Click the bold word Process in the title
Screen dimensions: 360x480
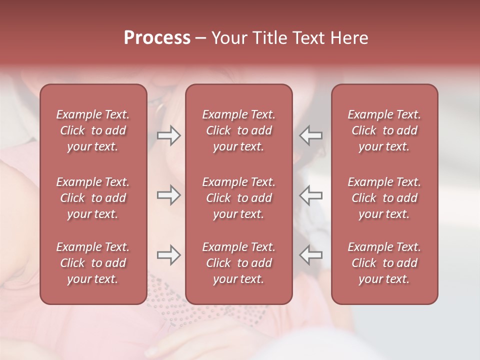coord(157,38)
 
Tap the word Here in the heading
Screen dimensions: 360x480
coord(349,38)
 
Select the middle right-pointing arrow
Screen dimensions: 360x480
coord(169,195)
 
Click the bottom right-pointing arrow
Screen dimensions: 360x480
coord(169,255)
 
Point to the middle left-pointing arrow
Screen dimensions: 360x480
coord(310,195)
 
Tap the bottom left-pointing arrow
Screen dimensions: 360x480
coord(310,255)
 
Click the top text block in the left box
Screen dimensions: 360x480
coord(93,130)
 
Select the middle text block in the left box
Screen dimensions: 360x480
coord(93,198)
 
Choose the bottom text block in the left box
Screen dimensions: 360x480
coord(93,263)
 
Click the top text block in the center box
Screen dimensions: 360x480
coord(239,130)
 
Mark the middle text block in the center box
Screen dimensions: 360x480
coord(239,198)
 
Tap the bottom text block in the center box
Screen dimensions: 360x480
coord(239,263)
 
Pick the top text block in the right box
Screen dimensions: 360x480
coord(384,130)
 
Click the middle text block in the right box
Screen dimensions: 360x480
coord(384,198)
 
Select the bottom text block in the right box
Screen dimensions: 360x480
coord(384,263)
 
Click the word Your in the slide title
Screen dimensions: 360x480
coord(229,38)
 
